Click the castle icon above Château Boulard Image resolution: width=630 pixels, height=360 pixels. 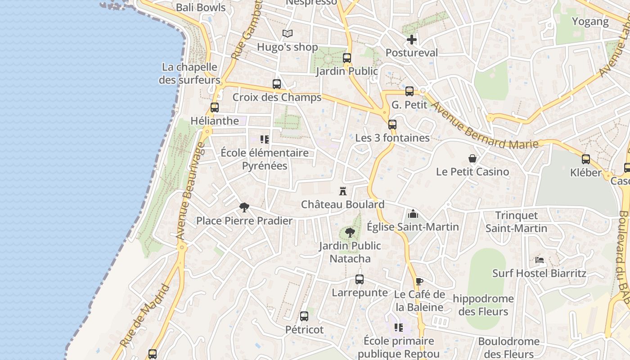point(343,191)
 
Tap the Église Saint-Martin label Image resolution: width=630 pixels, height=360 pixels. point(413,227)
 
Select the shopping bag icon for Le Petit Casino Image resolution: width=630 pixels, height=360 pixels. point(472,158)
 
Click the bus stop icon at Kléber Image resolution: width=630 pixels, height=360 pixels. point(585,159)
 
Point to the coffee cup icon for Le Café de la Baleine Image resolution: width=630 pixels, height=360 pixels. point(419,282)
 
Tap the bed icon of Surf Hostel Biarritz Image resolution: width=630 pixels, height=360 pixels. point(540,260)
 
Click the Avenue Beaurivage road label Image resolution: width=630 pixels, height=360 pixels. point(189,191)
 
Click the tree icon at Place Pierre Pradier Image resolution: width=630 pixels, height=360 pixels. point(244,207)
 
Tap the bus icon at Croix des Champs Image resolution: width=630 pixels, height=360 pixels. point(277,84)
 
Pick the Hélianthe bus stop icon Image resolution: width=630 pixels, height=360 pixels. point(215,108)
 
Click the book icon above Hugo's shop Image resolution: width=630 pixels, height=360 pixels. point(288,33)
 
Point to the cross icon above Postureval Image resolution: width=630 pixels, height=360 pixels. point(411,40)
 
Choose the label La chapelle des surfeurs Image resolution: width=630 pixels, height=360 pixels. point(189,74)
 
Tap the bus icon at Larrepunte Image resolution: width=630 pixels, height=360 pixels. point(359,279)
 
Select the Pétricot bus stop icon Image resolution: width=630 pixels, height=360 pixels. point(304,316)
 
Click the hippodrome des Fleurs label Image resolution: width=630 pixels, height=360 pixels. point(483,305)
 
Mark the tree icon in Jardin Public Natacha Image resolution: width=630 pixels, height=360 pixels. point(350,233)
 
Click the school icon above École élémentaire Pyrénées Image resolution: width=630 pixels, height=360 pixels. point(265,139)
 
